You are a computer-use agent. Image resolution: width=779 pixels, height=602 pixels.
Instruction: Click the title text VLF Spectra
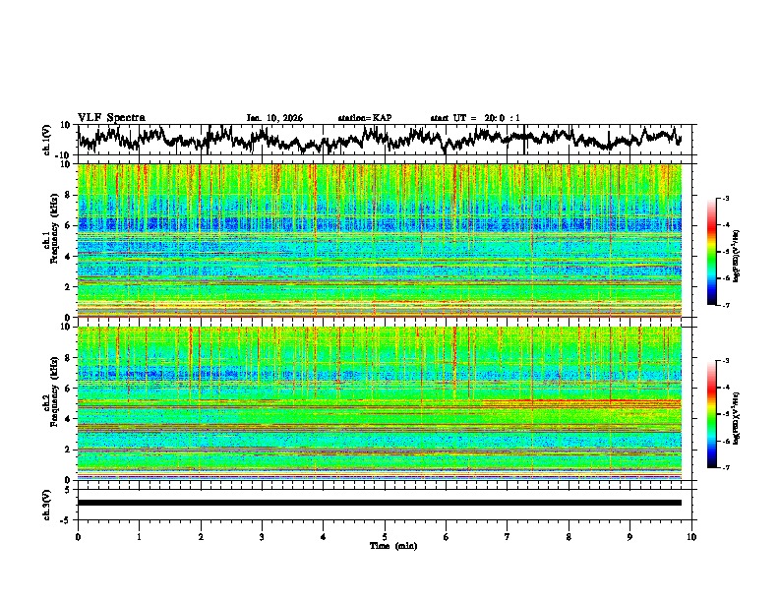(x=111, y=117)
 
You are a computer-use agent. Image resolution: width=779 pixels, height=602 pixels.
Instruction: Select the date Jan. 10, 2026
(x=274, y=118)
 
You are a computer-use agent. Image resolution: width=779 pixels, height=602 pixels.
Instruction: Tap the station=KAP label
(x=364, y=118)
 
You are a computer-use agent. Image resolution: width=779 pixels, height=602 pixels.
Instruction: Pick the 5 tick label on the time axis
(x=385, y=536)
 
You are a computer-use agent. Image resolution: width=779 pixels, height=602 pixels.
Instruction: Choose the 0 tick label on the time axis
(x=78, y=536)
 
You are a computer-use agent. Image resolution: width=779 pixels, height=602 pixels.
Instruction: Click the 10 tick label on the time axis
(x=691, y=536)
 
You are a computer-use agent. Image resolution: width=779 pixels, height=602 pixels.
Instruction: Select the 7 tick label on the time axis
(x=508, y=536)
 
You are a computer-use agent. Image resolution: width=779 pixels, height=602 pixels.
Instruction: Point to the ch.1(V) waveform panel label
(x=47, y=140)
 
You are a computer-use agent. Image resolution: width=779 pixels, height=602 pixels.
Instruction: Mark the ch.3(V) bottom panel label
(x=47, y=502)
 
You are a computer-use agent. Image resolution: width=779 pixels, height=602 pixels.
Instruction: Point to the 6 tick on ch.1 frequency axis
(x=71, y=225)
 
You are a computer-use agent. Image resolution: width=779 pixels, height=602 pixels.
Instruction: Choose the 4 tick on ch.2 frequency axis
(x=71, y=418)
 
